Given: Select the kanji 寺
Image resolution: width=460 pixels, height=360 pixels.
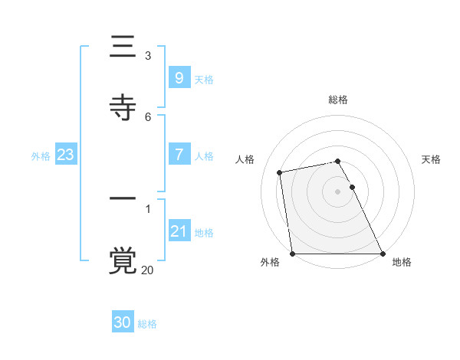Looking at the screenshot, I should pos(123,106).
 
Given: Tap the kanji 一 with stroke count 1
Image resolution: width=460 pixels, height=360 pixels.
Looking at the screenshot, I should pos(123,201).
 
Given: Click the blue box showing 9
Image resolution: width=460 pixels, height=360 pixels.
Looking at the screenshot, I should pos(179,77).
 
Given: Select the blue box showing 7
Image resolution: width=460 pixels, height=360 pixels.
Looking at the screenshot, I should pos(179,155).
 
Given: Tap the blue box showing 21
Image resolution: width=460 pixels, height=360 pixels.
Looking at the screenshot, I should pos(179,231).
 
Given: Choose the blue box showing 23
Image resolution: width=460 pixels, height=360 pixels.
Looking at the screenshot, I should pos(65,155).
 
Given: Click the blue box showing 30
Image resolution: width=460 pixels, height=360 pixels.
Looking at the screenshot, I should pos(123,322).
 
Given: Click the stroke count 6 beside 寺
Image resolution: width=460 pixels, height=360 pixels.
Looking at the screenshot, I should pos(148,116).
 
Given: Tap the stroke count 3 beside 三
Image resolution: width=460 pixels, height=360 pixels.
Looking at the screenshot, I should pos(148,56).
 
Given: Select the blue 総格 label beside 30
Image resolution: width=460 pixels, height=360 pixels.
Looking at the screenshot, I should pos(147,324).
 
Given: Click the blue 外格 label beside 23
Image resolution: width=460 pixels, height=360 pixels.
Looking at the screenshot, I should pos(41,155).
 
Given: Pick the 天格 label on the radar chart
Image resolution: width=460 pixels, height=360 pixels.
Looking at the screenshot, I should pos(431,159).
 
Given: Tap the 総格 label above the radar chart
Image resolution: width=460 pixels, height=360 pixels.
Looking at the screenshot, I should pos(338,100).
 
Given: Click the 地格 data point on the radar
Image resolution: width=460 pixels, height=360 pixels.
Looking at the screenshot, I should pos(383,253).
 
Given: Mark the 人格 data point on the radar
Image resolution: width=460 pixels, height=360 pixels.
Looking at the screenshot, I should pos(281,172).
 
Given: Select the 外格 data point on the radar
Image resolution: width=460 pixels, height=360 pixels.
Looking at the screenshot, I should pos(293,253).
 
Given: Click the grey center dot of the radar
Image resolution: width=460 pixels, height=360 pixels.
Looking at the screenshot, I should pos(338,191).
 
